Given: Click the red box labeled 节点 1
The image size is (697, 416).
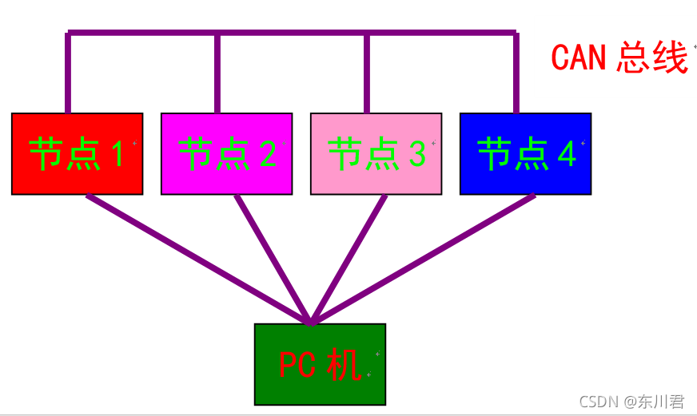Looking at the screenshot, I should (77, 153).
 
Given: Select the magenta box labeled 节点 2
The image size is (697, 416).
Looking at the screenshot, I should (226, 153).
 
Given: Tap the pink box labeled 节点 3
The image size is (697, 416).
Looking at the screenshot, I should (376, 153).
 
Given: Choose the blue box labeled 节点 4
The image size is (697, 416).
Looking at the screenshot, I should (525, 153).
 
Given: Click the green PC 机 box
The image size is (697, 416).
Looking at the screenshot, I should (320, 364).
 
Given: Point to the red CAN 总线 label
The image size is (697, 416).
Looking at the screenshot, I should (619, 57).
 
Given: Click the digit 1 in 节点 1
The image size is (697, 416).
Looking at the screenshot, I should (117, 153).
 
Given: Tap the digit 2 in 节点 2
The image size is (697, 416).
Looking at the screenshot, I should (267, 153).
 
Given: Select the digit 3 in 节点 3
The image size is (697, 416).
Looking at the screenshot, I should (416, 153).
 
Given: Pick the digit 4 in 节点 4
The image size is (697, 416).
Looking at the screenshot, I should (566, 153).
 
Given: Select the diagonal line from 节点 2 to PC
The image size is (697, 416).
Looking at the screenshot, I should (272, 259).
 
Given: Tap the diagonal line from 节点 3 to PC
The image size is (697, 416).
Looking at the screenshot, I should (348, 259).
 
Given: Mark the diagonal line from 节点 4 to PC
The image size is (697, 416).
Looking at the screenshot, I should (424, 259).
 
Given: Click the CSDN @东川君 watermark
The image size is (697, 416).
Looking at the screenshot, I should (631, 402).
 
